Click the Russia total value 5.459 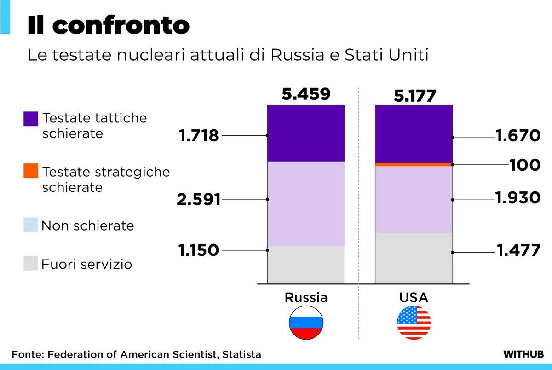(306, 94)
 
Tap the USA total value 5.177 (414, 96)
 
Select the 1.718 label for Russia (199, 136)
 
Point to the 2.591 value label (199, 200)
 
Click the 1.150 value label (199, 250)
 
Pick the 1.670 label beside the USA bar (517, 136)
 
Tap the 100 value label (525, 165)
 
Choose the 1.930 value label (517, 198)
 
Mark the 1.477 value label (518, 251)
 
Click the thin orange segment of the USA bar (414, 164)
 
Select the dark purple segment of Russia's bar (306, 133)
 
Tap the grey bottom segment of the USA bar (414, 258)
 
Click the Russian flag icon (306, 323)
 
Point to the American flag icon (414, 323)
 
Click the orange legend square (31, 171)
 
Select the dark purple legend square (31, 118)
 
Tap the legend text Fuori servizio (86, 265)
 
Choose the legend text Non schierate (87, 226)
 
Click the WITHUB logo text (523, 354)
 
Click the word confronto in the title (121, 26)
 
